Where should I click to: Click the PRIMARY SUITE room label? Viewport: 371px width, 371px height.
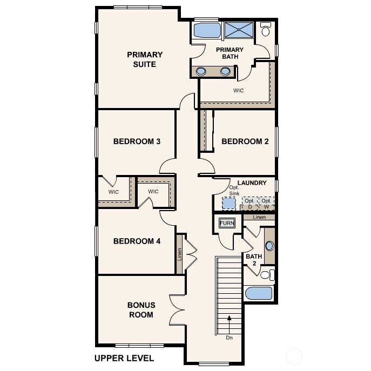coord(145,59)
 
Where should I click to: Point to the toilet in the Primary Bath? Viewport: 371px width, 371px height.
coord(265,29)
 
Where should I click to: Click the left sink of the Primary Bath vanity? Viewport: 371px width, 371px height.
coord(201,71)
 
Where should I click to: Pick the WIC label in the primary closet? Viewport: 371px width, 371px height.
coord(238,91)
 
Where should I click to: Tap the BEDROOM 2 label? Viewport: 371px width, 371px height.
coord(245,142)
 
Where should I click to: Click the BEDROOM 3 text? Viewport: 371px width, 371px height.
coord(137,142)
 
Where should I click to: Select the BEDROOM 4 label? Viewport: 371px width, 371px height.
coord(137,241)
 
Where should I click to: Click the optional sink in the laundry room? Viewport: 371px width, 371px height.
coord(230,203)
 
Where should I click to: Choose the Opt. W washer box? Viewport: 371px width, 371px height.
coord(266,204)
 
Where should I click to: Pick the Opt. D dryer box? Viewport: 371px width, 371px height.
coord(249,204)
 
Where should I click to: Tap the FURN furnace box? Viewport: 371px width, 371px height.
coord(226,223)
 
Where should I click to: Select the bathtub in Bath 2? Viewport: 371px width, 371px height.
coord(259,293)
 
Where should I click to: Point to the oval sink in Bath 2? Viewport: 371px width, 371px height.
coord(269,246)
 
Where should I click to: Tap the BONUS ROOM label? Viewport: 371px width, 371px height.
coord(140,310)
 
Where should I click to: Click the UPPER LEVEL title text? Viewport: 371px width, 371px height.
coord(124,357)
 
